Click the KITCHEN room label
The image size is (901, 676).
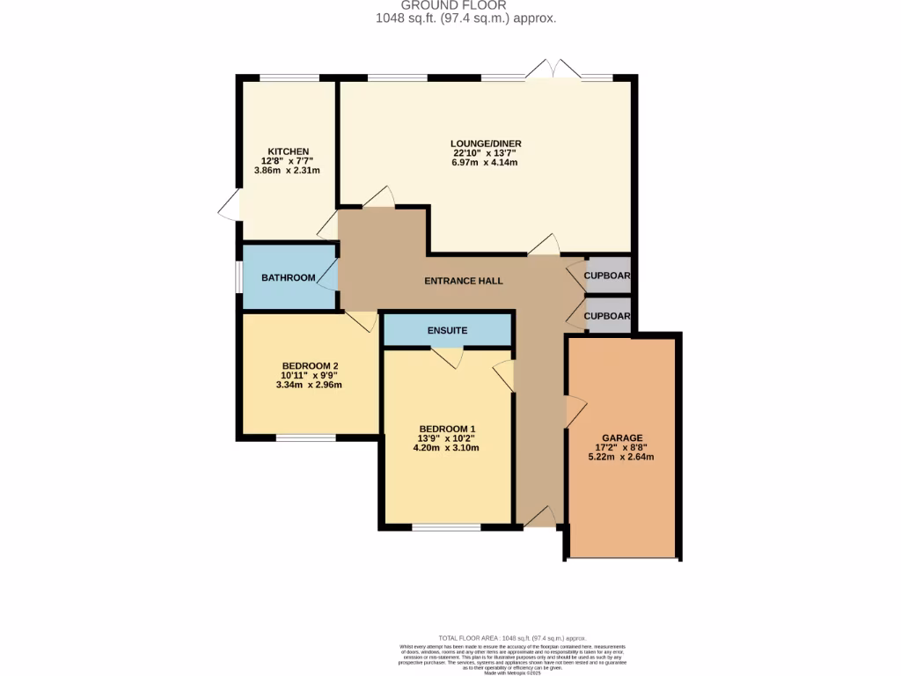click(x=289, y=151)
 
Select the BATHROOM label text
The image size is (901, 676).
click(x=288, y=278)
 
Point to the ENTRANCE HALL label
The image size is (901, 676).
click(x=464, y=281)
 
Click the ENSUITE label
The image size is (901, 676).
click(x=447, y=331)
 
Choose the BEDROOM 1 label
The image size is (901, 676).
click(x=448, y=429)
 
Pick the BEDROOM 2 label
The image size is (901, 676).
click(x=310, y=366)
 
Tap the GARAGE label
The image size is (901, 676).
click(x=622, y=437)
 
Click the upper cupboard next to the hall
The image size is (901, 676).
click(x=608, y=276)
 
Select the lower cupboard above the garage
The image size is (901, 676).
click(x=608, y=316)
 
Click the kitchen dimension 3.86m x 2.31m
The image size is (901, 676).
click(x=287, y=171)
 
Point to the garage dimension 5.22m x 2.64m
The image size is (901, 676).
click(x=622, y=457)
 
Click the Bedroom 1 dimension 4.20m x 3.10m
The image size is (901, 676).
click(x=448, y=448)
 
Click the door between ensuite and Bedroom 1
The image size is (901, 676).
click(x=448, y=356)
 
